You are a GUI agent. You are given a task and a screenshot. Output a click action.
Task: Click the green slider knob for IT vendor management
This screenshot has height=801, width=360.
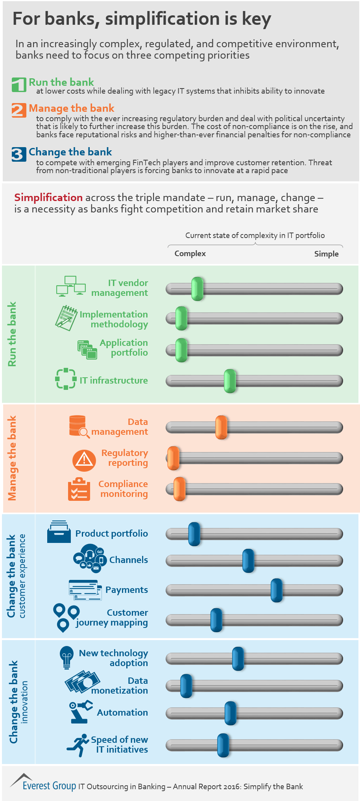197,289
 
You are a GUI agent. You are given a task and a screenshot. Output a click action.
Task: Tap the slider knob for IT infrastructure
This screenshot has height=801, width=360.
230,381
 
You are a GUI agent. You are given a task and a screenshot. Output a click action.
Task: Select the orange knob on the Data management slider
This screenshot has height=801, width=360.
221,427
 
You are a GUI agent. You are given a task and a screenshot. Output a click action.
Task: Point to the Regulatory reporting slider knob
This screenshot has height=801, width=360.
173,458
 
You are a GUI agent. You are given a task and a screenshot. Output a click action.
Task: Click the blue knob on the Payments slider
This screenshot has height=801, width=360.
277,590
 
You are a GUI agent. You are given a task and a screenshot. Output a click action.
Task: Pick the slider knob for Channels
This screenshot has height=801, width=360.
248,561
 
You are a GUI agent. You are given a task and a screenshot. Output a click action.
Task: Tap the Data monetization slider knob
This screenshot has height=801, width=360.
186,686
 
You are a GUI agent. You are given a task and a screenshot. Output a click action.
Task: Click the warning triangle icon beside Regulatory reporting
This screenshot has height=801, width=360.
84,460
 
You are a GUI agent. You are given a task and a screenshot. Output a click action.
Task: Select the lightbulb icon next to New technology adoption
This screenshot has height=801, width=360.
66,657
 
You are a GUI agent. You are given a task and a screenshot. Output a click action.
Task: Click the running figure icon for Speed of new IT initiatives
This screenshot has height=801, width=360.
78,745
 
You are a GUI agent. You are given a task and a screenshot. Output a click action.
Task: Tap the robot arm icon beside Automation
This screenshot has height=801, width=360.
80,712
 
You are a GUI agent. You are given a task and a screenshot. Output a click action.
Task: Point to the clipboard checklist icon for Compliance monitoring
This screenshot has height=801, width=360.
79,489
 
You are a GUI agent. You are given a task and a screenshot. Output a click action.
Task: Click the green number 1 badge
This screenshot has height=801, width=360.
19,85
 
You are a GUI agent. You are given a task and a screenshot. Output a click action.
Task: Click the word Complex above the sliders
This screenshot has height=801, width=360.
190,254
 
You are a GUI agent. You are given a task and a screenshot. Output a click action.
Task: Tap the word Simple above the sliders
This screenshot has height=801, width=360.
326,254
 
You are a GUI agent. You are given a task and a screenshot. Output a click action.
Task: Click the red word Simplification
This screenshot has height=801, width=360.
48,197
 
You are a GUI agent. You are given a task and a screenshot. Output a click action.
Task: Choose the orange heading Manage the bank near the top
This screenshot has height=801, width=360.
72,108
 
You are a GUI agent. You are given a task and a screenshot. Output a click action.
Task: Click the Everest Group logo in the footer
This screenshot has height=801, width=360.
43,785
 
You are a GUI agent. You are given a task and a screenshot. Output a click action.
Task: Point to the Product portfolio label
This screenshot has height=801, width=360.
112,533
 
